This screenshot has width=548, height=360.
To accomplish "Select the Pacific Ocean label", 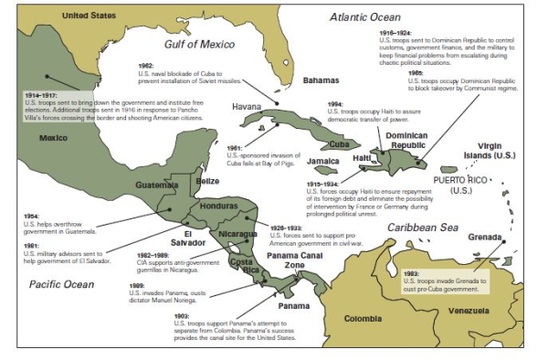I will tap(62, 284).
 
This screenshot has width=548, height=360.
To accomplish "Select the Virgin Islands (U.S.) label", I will tap(502, 152).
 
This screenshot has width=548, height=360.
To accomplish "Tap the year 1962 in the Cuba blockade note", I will tap(146, 67).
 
